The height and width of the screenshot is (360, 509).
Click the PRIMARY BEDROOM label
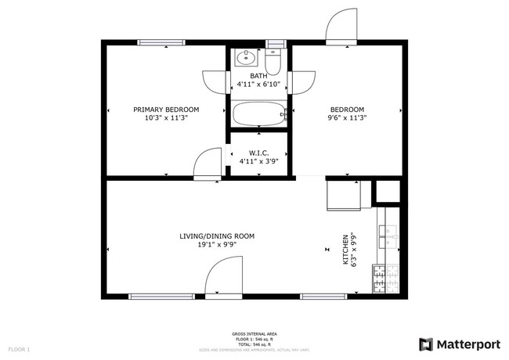point(165,109)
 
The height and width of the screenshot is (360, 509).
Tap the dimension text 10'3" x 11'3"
point(165,117)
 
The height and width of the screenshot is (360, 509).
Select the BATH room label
point(258,75)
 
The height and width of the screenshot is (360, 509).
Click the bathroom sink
point(245,58)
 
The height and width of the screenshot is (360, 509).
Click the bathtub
point(258,114)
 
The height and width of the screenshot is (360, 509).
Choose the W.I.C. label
point(259,153)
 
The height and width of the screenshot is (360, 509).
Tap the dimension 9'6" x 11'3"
point(346,117)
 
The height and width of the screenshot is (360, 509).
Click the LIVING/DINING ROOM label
point(217,236)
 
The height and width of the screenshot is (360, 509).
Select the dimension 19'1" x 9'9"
point(217,244)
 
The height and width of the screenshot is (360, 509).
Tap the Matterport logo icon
point(426,344)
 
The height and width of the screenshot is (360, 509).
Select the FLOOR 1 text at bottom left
point(19,348)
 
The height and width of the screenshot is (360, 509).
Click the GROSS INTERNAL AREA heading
point(254,333)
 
